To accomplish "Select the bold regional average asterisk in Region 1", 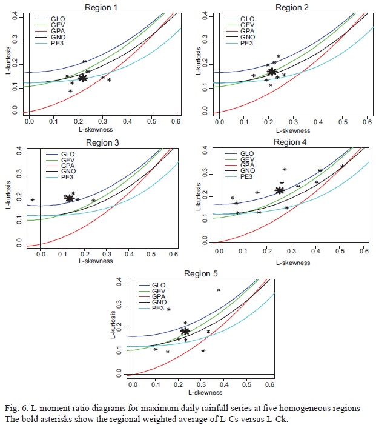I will coord(83,78).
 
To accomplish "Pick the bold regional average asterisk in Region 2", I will coord(272,72).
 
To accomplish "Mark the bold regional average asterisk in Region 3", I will coord(70,198).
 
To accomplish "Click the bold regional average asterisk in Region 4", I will coord(280,190).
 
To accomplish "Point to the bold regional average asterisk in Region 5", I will coord(185,331).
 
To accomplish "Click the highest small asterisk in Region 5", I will coord(219,290).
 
